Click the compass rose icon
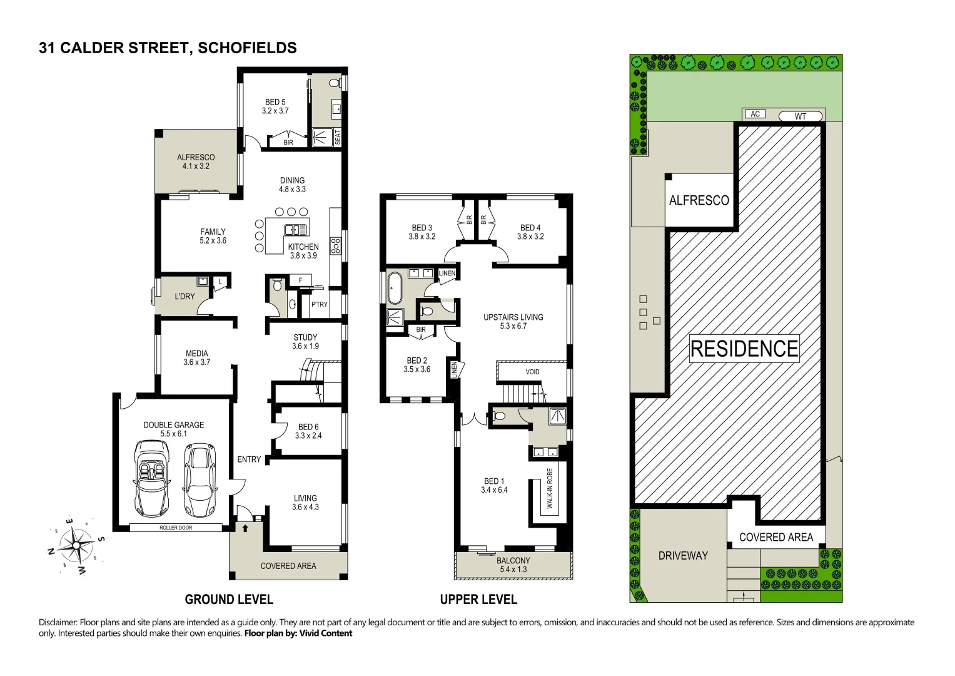(x=77, y=544)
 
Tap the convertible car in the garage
(x=151, y=478)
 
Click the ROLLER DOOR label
(x=176, y=528)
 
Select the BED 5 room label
(x=275, y=106)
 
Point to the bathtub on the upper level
(x=395, y=287)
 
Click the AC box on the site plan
(x=755, y=114)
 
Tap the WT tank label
(x=801, y=116)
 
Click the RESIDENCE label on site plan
(x=744, y=349)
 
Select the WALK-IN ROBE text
(x=550, y=488)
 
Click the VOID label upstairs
(x=532, y=372)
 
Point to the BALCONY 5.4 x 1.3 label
(x=513, y=565)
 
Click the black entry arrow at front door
(x=245, y=528)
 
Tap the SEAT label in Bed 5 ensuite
(x=338, y=137)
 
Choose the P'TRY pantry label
(x=319, y=304)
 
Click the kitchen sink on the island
(x=296, y=229)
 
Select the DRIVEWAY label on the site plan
(x=683, y=555)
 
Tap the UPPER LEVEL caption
(x=478, y=600)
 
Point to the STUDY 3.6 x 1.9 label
(x=305, y=342)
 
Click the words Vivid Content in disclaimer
(x=325, y=633)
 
